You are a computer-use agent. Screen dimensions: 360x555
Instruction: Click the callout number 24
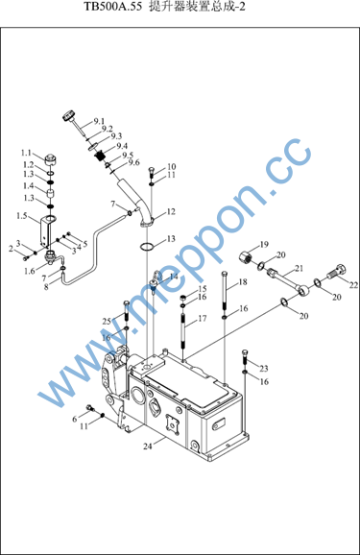pos(148,446)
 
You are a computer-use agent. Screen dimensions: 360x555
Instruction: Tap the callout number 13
pos(171,239)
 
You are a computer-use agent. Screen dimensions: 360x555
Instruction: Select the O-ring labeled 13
pos(147,247)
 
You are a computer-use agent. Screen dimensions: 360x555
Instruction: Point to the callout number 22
pos(353,285)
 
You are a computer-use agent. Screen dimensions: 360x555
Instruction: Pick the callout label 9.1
pos(99,121)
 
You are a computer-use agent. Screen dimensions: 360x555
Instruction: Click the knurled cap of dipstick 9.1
pos(69,116)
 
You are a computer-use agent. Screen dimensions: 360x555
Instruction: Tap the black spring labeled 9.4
pos(102,156)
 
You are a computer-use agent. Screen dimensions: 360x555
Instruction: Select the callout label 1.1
pos(26,153)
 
